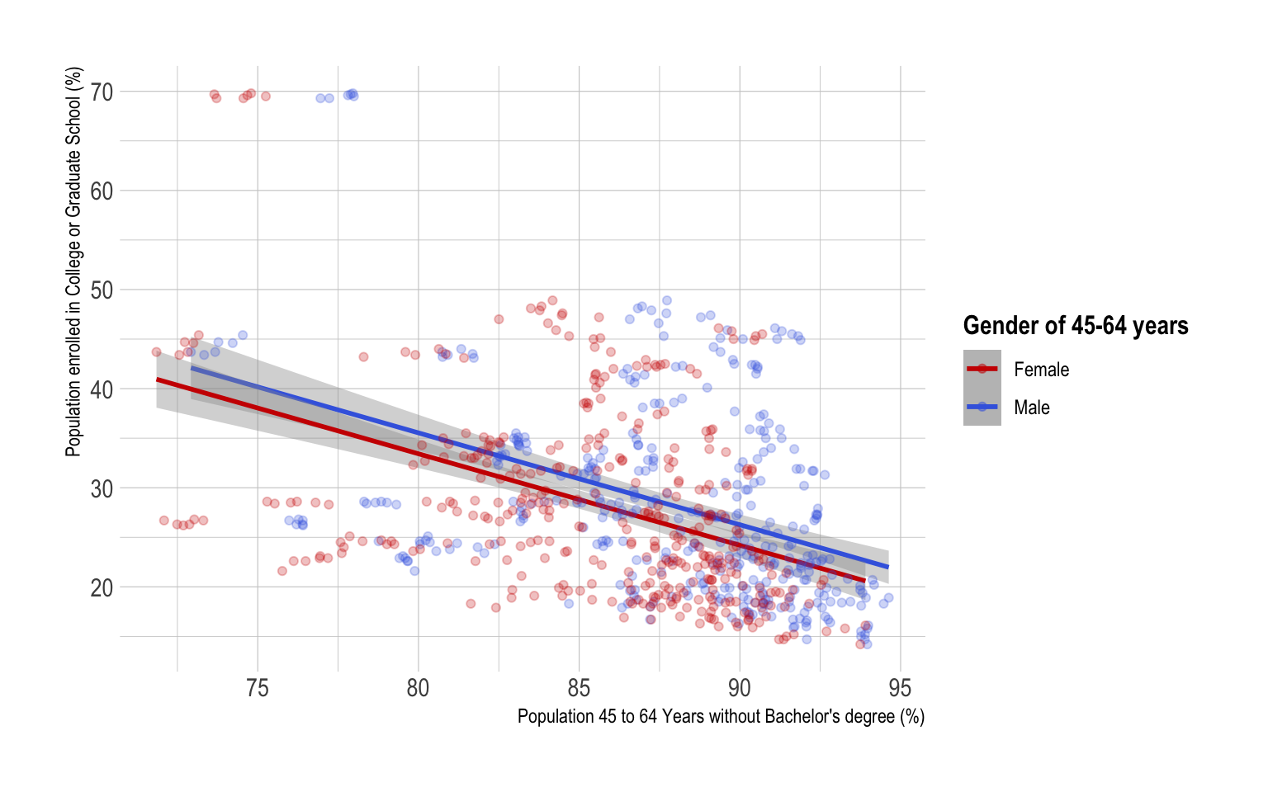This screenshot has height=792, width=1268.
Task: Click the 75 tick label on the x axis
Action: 258,688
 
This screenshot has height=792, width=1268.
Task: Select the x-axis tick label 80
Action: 418,688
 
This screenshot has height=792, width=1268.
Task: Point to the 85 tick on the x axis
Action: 579,688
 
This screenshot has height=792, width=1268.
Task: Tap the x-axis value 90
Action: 740,688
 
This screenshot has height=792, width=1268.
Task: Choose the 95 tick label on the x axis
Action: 901,688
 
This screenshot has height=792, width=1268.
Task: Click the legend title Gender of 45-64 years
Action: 1075,326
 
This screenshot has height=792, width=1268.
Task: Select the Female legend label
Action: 1041,370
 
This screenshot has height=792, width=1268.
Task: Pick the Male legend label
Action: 1032,408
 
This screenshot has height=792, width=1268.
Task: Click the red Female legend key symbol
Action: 982,369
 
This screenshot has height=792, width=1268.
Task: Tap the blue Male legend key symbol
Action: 982,407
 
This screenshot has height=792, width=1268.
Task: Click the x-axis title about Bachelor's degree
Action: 721,716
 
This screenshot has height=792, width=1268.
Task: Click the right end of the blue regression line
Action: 888,567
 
